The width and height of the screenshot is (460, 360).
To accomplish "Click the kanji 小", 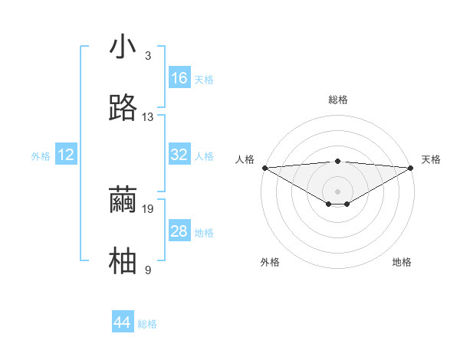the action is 123,46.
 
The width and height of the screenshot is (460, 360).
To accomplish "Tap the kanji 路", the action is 123,107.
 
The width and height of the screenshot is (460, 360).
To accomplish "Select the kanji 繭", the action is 123,199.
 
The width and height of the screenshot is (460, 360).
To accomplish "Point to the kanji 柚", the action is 123,260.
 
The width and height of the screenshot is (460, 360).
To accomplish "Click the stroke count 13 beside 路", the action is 147,117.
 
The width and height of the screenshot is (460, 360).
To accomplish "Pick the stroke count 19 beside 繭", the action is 147,209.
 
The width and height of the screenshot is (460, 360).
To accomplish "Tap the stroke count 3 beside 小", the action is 148,56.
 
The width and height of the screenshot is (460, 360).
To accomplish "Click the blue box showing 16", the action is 179,77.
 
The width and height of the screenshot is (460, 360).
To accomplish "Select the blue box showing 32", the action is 179,154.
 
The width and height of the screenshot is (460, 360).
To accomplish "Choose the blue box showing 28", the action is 179,230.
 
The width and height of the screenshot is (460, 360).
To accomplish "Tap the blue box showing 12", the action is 66,154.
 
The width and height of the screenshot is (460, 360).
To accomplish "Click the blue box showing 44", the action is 123,321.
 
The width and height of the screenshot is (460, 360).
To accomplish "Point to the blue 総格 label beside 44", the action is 147,324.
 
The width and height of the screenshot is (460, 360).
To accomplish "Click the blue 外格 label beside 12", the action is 41,156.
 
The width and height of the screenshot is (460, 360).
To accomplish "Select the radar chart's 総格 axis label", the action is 338,100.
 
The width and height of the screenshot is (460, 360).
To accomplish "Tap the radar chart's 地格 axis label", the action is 402,262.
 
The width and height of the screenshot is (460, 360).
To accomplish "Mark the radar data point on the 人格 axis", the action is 265,168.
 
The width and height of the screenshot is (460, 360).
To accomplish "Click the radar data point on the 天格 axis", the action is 411,168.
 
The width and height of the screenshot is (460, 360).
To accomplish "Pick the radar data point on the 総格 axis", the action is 337,162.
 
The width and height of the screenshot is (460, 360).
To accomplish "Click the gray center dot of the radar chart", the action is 337,191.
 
